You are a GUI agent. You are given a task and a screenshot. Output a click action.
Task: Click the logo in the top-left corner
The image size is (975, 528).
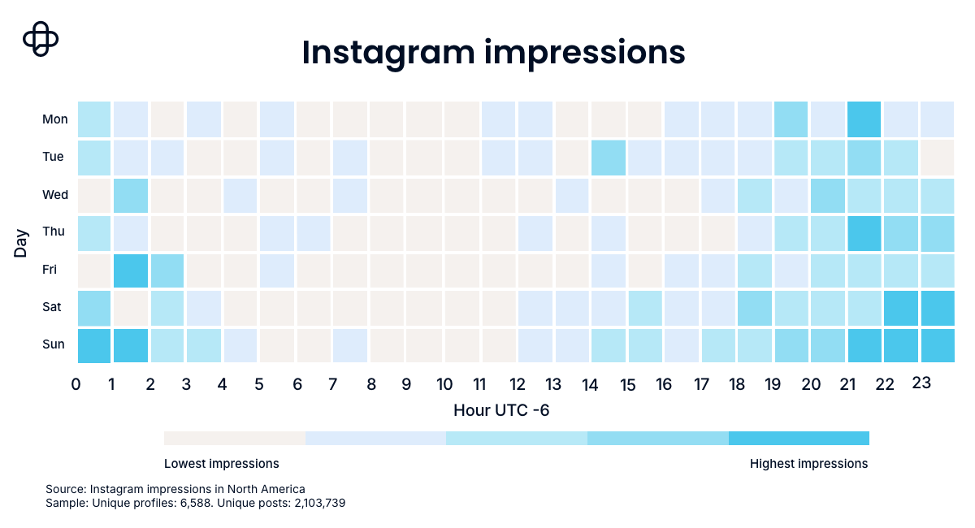pyautogui.click(x=41, y=38)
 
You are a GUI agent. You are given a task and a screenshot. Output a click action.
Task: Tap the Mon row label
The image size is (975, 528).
pyautogui.click(x=55, y=119)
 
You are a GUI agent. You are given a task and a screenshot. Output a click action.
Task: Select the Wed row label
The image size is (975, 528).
pyautogui.click(x=55, y=194)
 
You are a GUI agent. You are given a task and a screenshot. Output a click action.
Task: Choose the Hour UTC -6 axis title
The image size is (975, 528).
pyautogui.click(x=501, y=410)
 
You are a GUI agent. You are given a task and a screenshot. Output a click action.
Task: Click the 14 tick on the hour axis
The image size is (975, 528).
pyautogui.click(x=590, y=384)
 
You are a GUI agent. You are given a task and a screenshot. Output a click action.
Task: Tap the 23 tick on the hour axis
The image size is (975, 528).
pyautogui.click(x=921, y=383)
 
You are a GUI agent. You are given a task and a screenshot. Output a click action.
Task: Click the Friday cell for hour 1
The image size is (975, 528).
pyautogui.click(x=131, y=270)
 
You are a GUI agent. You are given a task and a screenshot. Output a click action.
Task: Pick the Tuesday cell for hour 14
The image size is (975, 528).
pyautogui.click(x=608, y=157)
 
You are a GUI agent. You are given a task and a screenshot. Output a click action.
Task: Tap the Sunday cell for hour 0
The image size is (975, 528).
pyautogui.click(x=94, y=345)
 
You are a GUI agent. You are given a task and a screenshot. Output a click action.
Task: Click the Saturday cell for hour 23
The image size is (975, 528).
pyautogui.click(x=938, y=307)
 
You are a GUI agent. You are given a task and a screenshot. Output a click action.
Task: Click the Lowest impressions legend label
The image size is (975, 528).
pyautogui.click(x=222, y=464)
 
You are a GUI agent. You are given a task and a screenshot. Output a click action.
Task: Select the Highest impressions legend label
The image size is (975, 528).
pyautogui.click(x=808, y=464)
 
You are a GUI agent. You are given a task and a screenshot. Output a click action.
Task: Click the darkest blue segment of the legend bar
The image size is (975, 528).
pyautogui.click(x=799, y=439)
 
